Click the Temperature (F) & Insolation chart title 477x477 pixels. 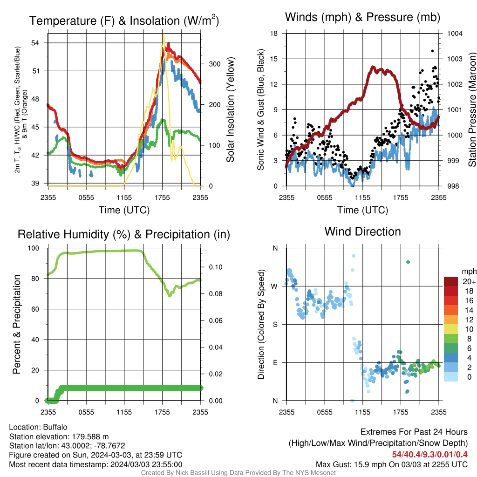tap(124, 20)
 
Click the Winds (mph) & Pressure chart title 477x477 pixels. tap(362, 17)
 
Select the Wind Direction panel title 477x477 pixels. tap(362, 232)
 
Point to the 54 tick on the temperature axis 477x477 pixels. tap(35, 43)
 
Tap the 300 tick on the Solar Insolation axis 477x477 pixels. tap(214, 64)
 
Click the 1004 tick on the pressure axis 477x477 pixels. tap(455, 33)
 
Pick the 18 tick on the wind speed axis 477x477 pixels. tap(274, 33)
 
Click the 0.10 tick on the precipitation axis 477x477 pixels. tap(216, 267)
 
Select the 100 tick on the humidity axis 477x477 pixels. tap(34, 248)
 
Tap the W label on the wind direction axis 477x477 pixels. tap(274, 286)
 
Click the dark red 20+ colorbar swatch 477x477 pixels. tap(451, 281)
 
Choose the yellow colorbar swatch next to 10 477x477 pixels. tap(451, 329)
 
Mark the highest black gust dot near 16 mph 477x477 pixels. tap(432, 51)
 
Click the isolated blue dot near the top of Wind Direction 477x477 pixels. tap(408, 262)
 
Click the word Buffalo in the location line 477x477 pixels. tap(55, 427)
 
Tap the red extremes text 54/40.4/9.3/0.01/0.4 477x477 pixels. tap(429, 455)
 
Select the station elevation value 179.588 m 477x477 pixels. tap(90, 436)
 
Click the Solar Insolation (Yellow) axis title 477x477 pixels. tap(230, 109)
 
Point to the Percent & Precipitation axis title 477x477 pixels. tap(16, 324)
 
